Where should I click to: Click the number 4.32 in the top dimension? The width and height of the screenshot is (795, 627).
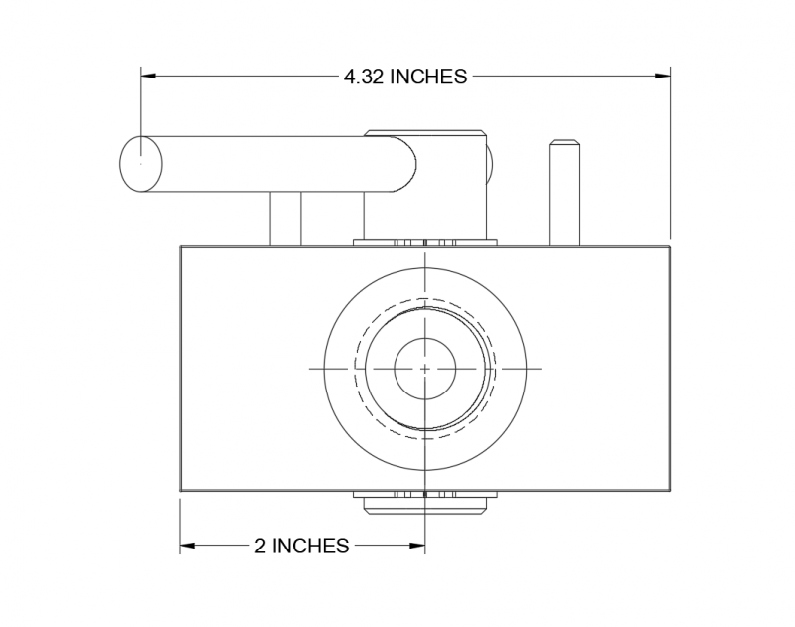coord(365,78)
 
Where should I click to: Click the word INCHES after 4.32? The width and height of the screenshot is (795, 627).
coord(428,78)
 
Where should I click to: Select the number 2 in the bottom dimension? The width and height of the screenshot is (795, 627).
coord(261,546)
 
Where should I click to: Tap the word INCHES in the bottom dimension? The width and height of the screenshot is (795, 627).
coord(311,546)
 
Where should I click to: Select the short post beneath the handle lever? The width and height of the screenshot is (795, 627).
coord(285,218)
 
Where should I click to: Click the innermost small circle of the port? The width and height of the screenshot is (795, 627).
coord(425,368)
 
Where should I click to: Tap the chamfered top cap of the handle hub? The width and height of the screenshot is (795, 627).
coord(425,132)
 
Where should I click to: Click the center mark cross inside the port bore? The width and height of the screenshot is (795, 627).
coord(425,368)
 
